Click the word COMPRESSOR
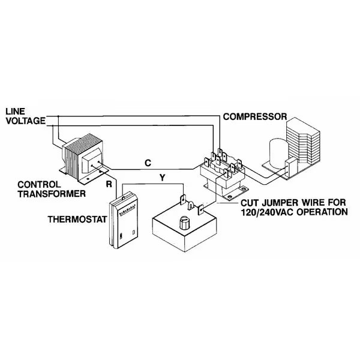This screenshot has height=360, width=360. click(x=255, y=116)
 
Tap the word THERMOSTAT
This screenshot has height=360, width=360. click(x=77, y=219)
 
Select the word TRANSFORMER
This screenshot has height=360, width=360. click(x=52, y=194)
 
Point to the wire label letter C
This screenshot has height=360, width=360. click(x=148, y=163)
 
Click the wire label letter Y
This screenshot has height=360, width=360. click(x=163, y=178)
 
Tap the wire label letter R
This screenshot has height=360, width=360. click(x=109, y=184)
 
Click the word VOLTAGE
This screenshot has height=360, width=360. click(x=26, y=121)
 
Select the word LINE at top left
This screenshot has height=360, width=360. click(x=15, y=112)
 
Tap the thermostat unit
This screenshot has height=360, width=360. click(x=124, y=220)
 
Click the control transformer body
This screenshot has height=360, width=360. click(x=82, y=158)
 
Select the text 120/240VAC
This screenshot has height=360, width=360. click(x=268, y=212)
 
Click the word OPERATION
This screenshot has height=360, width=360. click(x=322, y=212)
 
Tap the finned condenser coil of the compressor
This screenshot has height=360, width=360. click(x=303, y=142)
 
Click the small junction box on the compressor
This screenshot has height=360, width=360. click(x=291, y=169)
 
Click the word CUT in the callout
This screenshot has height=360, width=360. click(x=250, y=203)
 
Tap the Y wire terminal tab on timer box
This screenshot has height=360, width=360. click(x=183, y=199)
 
